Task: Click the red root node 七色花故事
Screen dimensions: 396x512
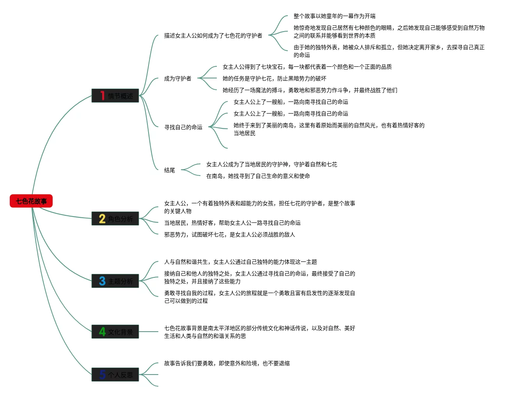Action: tap(31, 201)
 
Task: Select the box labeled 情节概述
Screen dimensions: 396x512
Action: tap(115, 96)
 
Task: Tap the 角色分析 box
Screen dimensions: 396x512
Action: tap(115, 218)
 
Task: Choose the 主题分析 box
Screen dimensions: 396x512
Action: tap(115, 281)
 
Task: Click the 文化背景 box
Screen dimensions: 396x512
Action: tap(115, 332)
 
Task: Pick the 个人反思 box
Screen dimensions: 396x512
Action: tap(115, 375)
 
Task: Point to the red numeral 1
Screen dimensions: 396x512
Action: tap(102, 96)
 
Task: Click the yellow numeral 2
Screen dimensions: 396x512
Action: tap(102, 218)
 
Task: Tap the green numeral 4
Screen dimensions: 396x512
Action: tap(102, 332)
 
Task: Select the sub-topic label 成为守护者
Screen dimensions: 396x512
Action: tap(177, 78)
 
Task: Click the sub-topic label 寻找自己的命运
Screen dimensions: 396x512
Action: tap(183, 127)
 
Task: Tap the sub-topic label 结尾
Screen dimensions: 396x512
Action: tap(170, 170)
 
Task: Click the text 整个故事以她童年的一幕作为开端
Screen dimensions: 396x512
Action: tap(334, 16)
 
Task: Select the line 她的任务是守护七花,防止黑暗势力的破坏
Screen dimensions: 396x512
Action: tap(274, 78)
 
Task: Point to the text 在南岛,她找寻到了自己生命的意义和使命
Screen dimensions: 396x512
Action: tap(258, 176)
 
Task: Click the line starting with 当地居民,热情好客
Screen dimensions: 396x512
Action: tap(232, 223)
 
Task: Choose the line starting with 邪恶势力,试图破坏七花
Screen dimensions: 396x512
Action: tap(229, 234)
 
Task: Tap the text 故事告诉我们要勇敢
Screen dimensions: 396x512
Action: tap(227, 363)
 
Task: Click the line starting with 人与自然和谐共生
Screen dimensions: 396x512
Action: tap(240, 262)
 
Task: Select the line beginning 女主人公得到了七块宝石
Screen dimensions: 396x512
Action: tap(307, 67)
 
